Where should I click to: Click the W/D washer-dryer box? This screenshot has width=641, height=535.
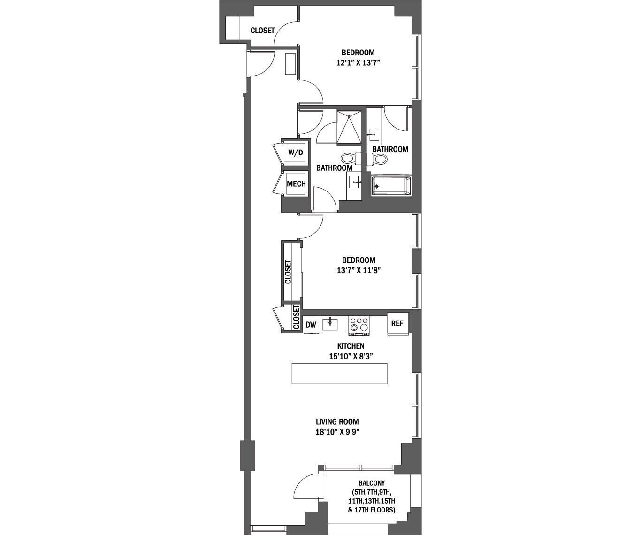[296, 152]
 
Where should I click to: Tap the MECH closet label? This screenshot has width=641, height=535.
[296, 184]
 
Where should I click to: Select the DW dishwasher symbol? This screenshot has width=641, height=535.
[311, 324]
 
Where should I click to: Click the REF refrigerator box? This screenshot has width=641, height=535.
[397, 323]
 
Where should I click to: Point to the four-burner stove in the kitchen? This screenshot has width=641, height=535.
[359, 326]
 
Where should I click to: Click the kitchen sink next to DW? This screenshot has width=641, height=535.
[330, 324]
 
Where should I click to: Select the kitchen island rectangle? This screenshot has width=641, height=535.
[339, 374]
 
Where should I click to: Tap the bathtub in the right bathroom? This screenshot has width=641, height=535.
[391, 186]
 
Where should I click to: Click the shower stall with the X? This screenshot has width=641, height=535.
[350, 126]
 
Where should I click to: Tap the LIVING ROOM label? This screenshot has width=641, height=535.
[337, 422]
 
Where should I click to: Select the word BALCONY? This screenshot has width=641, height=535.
[372, 483]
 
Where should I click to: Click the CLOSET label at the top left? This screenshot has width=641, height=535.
[262, 31]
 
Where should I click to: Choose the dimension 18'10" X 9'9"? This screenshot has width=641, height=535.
[337, 432]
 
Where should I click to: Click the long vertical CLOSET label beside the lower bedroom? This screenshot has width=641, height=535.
[288, 272]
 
